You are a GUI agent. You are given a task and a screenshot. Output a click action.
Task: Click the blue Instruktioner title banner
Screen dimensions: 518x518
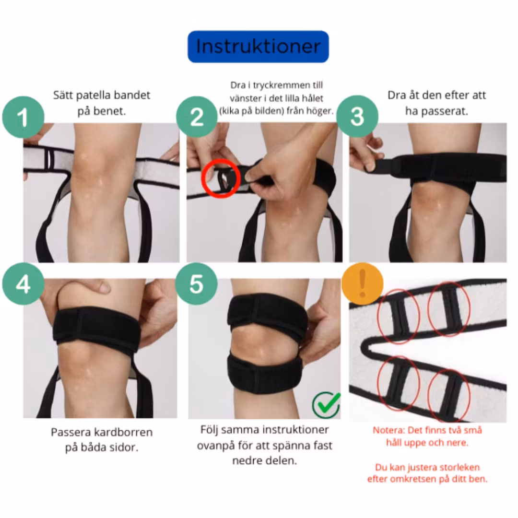pyautogui.click(x=258, y=47)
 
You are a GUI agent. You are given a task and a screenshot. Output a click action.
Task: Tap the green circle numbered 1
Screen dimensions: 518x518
pyautogui.click(x=23, y=117)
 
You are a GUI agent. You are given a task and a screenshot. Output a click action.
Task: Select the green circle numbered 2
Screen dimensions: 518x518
pyautogui.click(x=197, y=117)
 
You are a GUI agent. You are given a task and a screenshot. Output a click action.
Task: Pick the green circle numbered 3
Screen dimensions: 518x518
pyautogui.click(x=357, y=116)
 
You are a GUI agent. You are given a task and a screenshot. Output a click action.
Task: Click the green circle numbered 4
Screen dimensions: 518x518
pyautogui.click(x=23, y=284)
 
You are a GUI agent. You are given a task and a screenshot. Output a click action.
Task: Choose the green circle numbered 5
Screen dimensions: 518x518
pyautogui.click(x=196, y=284)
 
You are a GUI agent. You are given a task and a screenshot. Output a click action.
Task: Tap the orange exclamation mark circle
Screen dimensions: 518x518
pyautogui.click(x=363, y=283)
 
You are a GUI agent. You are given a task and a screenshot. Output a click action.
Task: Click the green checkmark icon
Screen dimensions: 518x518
pyautogui.click(x=327, y=404)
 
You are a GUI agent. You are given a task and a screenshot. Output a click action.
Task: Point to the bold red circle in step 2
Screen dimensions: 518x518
pyautogui.click(x=221, y=178)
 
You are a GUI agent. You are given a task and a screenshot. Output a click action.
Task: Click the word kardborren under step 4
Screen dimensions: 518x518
pyautogui.click(x=123, y=432)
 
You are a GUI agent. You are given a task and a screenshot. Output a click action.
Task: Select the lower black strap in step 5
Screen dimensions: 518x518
pyautogui.click(x=265, y=374)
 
